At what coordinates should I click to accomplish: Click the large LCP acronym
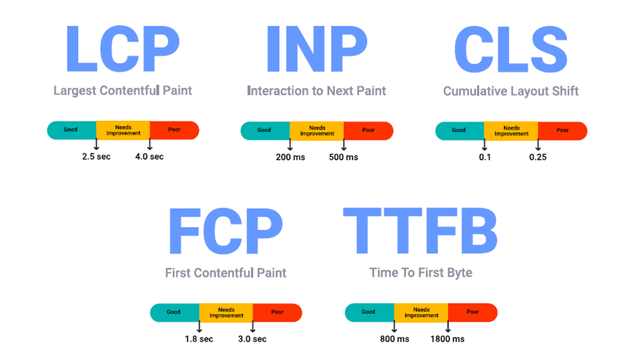tap(123, 49)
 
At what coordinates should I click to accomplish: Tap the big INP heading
tap(317, 49)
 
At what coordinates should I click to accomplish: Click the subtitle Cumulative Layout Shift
tap(511, 91)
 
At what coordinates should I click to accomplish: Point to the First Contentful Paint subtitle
tap(226, 273)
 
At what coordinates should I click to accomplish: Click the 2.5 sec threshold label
tap(96, 157)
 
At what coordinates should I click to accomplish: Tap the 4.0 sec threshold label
tap(149, 157)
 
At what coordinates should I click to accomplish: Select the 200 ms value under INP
tap(290, 157)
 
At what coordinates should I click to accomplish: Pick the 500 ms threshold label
tap(343, 157)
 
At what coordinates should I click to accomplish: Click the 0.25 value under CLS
tap(538, 157)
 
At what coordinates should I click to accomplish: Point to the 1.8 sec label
tap(199, 339)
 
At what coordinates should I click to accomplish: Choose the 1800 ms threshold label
tap(447, 339)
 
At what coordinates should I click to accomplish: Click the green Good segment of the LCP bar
tap(72, 130)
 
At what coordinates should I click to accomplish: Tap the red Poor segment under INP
tap(369, 131)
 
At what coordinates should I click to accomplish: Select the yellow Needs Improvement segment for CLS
tap(511, 131)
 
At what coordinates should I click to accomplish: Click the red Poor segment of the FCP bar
tap(277, 313)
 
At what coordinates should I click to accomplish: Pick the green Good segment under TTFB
tap(369, 313)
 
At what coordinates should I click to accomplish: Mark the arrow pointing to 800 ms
tap(394, 326)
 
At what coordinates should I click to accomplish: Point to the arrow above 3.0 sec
tap(253, 326)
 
